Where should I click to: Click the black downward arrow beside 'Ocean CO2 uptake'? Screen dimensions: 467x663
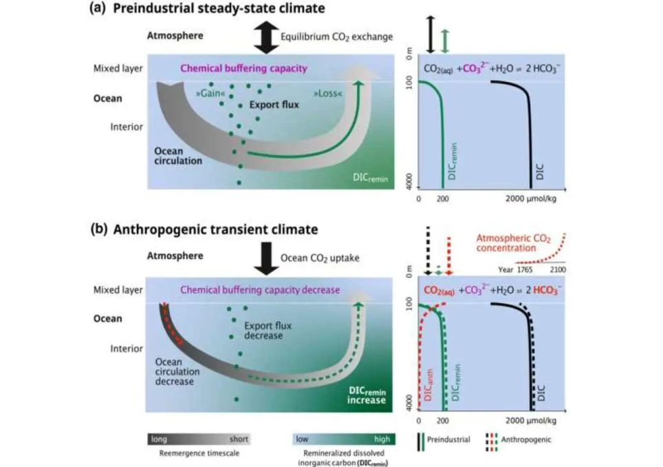[x=263, y=259]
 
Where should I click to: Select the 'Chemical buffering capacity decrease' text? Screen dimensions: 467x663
[x=261, y=290]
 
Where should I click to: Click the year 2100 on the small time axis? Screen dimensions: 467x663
[x=556, y=270]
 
